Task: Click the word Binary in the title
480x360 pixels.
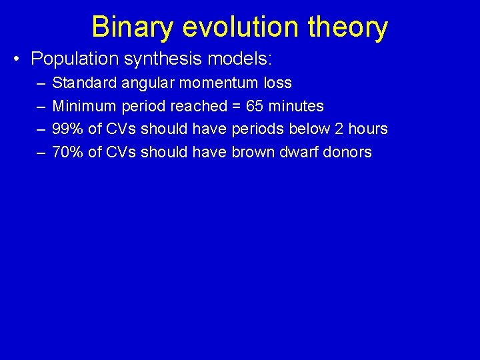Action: (132, 28)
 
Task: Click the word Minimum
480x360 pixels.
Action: (84, 106)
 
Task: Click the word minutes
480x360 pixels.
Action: (296, 106)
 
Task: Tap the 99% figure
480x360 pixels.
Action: (67, 129)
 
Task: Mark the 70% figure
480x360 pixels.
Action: (67, 152)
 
